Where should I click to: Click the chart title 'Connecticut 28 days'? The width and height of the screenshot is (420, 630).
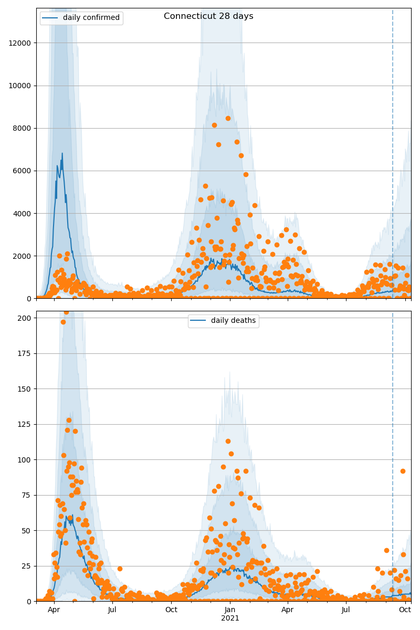[x=208, y=16]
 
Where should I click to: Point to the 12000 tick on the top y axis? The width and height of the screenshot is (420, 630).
[x=20, y=43]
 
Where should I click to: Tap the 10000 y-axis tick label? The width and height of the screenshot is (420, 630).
[x=20, y=86]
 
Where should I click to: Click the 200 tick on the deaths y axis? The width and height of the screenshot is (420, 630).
[x=25, y=318]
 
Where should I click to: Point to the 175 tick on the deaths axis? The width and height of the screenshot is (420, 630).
[x=25, y=353]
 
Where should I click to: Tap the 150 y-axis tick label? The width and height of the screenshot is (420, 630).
[x=25, y=389]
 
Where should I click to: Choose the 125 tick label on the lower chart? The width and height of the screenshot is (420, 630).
[x=25, y=424]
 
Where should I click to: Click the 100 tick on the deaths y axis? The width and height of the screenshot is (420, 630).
[x=25, y=460]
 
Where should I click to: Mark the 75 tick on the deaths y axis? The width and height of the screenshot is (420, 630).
[x=27, y=495]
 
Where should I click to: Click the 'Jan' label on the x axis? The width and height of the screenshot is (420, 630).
[x=230, y=610]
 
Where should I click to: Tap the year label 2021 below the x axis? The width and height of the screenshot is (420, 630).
[x=230, y=618]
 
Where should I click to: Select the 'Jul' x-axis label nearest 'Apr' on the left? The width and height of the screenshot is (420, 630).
[x=112, y=610]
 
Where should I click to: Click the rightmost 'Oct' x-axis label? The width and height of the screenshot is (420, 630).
[x=405, y=610]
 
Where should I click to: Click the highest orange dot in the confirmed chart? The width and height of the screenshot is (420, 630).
[x=228, y=118]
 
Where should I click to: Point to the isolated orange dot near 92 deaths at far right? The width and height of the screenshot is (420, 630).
[x=403, y=471]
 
